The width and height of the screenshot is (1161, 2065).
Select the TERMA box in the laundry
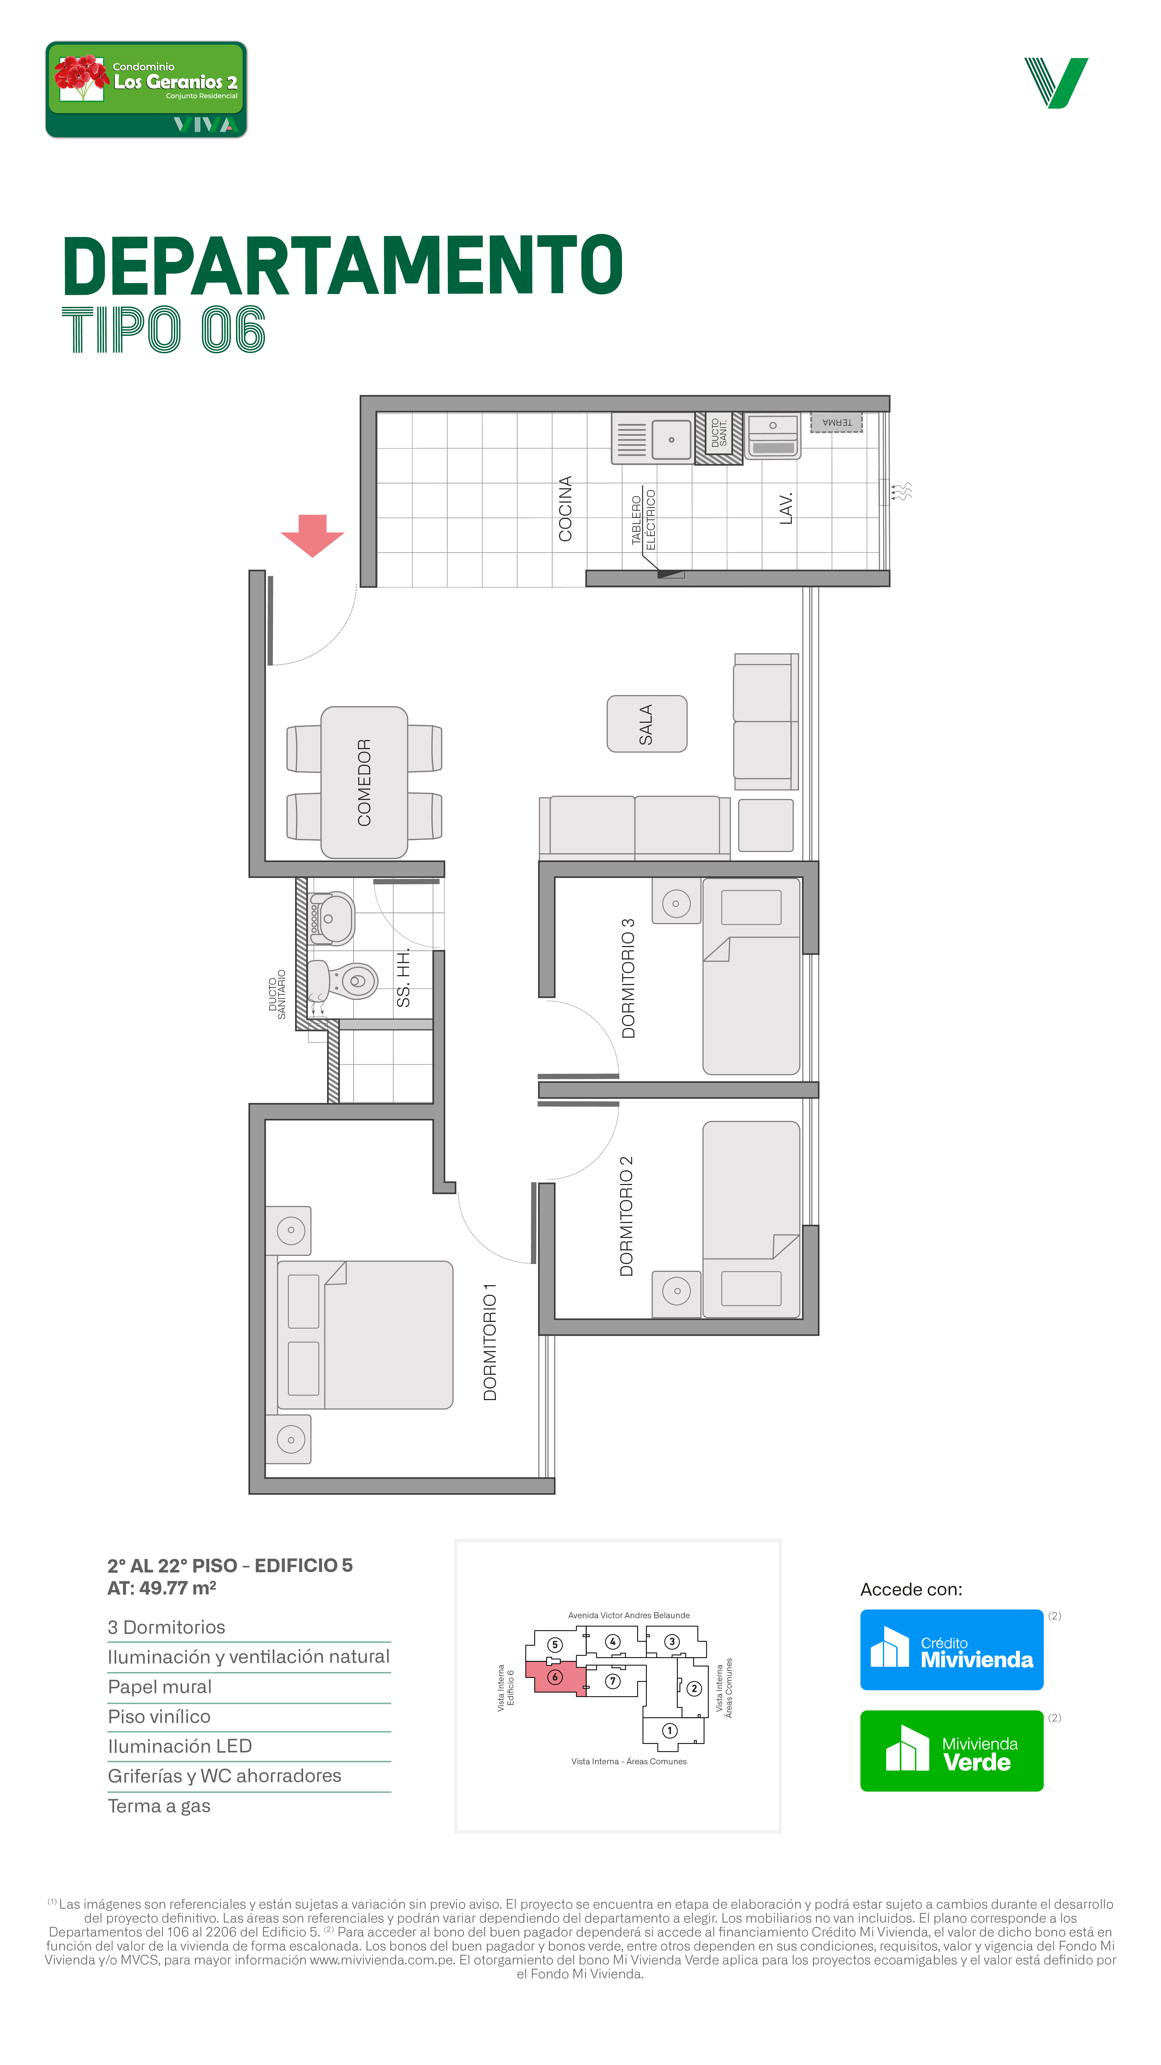[x=836, y=423]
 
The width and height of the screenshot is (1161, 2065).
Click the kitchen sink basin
[x=671, y=439]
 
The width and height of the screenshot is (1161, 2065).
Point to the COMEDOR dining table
[x=365, y=782]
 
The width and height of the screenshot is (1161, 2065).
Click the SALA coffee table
[x=647, y=724]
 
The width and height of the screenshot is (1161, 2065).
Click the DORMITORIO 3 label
[x=628, y=978]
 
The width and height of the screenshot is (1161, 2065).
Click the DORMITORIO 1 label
[x=490, y=1342]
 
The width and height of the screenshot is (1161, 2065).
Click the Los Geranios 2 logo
[x=146, y=90]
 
